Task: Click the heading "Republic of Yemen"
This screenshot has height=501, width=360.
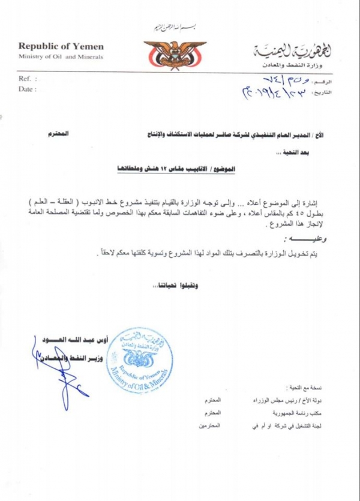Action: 61,47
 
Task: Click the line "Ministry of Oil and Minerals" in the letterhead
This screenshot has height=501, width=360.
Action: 61,57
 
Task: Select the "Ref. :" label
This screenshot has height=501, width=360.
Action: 28,79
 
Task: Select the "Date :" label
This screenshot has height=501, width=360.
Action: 28,89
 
